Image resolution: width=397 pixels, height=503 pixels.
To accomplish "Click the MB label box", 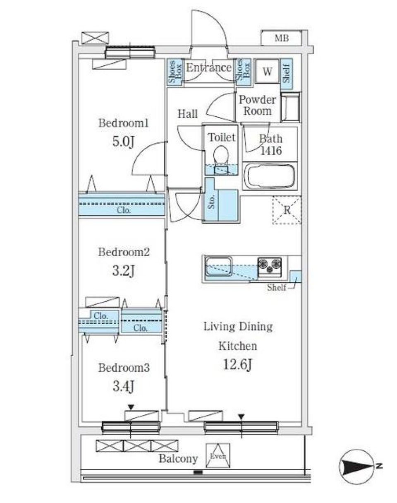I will [x=282, y=39].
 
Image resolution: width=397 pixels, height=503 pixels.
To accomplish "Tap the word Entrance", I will [x=208, y=67].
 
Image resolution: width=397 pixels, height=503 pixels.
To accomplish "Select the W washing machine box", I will [x=267, y=72].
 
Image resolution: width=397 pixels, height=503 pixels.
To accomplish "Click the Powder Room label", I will [x=258, y=106].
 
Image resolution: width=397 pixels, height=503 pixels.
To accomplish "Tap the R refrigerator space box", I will [x=287, y=210].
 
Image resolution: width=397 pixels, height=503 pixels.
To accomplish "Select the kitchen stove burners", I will [x=270, y=265].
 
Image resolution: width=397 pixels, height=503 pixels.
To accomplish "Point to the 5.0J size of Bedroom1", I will [x=123, y=142].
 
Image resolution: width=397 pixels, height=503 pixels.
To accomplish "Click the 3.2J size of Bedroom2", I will [x=123, y=271].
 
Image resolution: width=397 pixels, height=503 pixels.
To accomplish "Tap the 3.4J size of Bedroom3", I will [x=123, y=387].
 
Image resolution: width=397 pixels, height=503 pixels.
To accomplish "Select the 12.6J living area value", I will [x=238, y=365].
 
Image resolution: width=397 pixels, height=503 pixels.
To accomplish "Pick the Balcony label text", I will [x=178, y=459].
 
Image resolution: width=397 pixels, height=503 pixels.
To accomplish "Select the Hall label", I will [x=187, y=114].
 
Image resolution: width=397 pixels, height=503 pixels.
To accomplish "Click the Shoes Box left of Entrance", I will [x=175, y=72].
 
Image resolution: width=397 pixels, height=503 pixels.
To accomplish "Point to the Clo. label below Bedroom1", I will [x=124, y=210].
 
